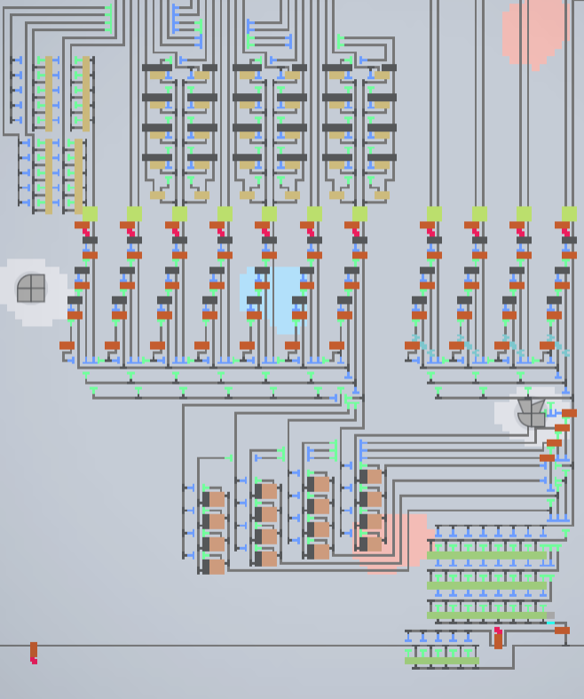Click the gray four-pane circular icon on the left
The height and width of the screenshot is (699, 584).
31,289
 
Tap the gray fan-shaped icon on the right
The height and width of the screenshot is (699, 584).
532,412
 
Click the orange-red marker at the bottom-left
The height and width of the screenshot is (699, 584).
34,653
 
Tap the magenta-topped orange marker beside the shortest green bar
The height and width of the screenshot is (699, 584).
498,638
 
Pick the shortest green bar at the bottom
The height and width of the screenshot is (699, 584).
441,661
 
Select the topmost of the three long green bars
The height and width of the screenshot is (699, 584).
487,555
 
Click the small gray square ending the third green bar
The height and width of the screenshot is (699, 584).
550,615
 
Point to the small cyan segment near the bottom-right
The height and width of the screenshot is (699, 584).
550,624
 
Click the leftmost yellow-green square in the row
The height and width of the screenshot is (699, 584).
90,214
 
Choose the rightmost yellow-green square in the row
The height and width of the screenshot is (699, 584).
569,214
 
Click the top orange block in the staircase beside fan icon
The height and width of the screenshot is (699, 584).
569,413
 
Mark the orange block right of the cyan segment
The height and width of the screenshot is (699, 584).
562,630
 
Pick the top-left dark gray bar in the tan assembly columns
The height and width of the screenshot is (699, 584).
156,68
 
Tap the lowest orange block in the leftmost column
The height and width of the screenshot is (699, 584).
67,346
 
